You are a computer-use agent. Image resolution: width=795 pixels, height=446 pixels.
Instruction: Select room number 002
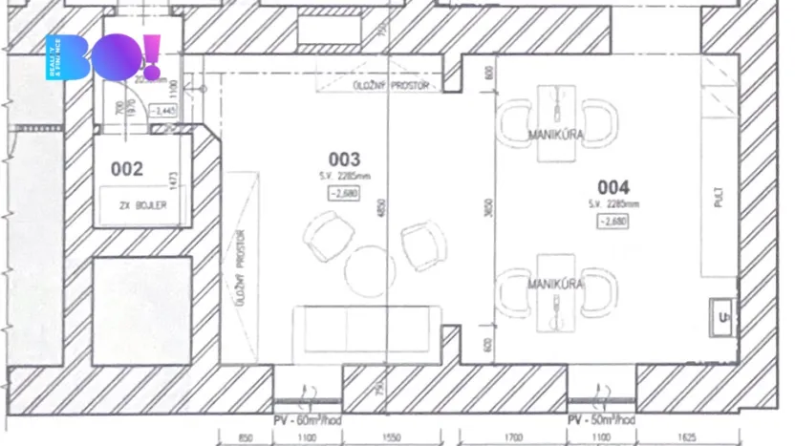127,170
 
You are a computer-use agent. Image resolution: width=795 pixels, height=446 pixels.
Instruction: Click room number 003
344,159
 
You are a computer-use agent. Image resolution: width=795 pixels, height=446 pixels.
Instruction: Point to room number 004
613,186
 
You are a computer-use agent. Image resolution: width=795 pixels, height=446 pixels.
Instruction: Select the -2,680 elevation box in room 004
612,222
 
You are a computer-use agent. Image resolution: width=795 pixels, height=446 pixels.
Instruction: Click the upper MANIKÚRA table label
556,136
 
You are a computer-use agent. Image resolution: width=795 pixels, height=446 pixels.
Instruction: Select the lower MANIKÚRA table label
556,284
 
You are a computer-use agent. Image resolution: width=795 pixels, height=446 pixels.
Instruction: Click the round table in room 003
370,269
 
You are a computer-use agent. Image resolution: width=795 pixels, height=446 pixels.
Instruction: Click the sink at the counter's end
721,317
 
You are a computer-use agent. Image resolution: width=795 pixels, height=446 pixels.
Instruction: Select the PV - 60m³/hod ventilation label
310,419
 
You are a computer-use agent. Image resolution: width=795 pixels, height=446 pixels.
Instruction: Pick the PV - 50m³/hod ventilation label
601,419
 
